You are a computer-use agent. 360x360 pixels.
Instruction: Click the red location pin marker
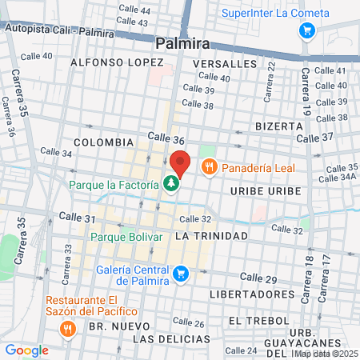click(x=179, y=162)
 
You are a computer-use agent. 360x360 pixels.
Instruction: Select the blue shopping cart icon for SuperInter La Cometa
click(x=306, y=31)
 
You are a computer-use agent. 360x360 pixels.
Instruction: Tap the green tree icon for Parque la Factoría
click(x=171, y=184)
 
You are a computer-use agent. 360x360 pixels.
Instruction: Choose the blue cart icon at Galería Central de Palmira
click(x=182, y=274)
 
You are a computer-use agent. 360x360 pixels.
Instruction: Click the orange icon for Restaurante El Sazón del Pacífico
click(x=68, y=328)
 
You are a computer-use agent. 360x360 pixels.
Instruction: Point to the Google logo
click(x=26, y=350)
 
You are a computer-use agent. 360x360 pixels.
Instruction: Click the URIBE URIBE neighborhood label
click(x=265, y=191)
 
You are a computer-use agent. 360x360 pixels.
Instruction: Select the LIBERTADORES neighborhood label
click(x=252, y=294)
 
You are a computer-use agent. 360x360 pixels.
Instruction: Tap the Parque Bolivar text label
click(x=126, y=237)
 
